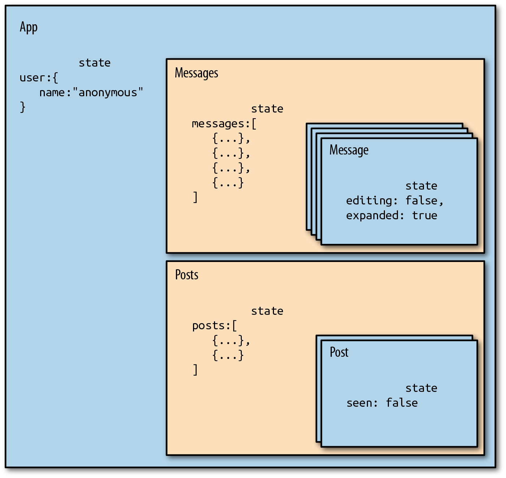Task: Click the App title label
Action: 29,28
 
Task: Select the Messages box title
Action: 196,73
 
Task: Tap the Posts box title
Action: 186,275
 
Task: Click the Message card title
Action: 349,150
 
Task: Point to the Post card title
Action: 339,352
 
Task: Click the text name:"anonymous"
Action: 91,93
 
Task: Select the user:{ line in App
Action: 39,78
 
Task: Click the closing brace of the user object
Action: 22,107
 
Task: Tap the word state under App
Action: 95,63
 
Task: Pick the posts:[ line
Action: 214,326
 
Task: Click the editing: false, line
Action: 395,200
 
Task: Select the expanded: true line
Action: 391,215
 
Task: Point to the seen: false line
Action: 382,403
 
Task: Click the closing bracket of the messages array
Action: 195,198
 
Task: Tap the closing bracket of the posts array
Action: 195,370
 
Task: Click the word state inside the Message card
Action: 421,186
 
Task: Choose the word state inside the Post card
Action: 421,388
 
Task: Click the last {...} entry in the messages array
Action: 228,183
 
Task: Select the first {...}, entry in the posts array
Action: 231,340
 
